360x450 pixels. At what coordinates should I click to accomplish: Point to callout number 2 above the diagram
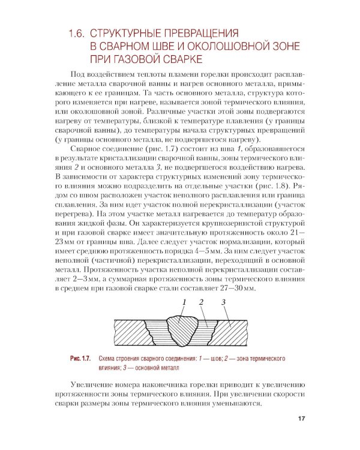pyautogui.click(x=202, y=302)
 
